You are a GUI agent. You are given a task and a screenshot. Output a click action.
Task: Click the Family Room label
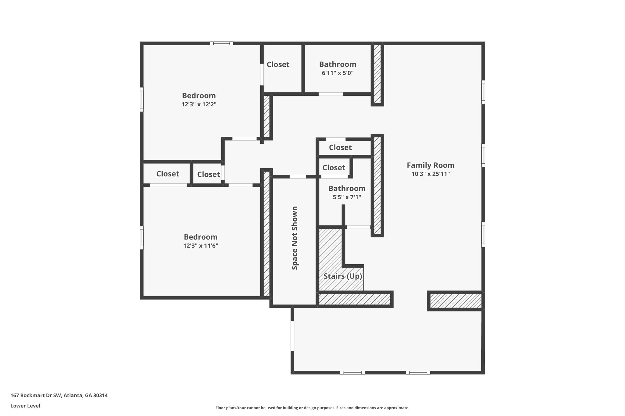431,165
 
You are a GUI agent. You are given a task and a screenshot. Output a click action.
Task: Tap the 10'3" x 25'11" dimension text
431,174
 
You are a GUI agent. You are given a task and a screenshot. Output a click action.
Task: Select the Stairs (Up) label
343,276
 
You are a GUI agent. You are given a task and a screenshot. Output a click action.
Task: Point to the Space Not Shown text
294,238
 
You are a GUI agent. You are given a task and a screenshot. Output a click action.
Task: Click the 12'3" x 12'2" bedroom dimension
199,104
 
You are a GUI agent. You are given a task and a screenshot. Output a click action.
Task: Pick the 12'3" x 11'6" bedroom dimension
201,246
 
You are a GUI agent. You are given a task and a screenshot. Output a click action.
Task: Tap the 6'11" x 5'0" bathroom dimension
338,73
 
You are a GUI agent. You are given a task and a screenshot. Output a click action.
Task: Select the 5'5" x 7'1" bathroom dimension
347,197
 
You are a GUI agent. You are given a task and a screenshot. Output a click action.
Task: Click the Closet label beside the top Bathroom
278,65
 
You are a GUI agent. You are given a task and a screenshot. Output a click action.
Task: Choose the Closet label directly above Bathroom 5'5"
334,168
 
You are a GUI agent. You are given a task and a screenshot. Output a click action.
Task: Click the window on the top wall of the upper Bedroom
222,43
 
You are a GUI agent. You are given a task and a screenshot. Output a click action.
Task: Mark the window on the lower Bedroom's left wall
142,237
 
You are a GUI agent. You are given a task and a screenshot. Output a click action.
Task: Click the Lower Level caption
25,406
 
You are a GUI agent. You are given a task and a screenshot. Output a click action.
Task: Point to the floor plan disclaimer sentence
312,408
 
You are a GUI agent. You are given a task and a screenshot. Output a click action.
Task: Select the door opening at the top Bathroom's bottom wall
331,94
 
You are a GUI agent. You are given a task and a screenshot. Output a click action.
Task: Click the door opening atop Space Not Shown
298,177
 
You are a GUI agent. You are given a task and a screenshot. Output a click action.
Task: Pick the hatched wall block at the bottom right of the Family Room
456,301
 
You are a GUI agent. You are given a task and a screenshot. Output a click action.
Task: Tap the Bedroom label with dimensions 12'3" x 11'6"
201,237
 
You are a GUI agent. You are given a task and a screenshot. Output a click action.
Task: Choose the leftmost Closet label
168,174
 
